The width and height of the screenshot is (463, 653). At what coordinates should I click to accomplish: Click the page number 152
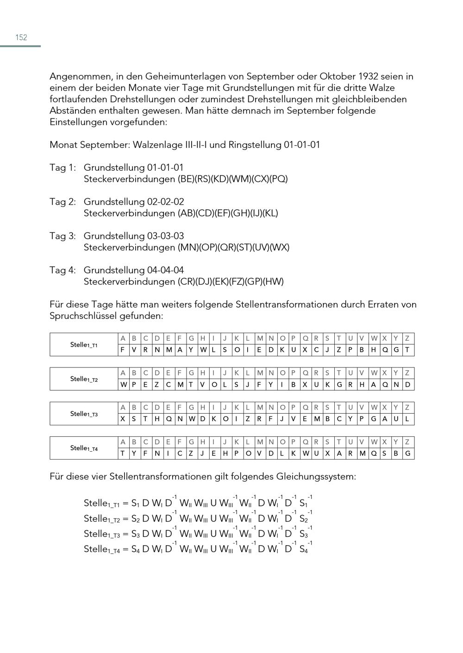pyautogui.click(x=21, y=37)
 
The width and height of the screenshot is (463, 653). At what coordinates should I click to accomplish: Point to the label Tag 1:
pyautogui.click(x=63, y=168)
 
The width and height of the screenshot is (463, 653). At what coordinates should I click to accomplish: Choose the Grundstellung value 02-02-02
pyautogui.click(x=165, y=202)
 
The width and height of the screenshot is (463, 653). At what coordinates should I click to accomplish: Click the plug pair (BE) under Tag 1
pyautogui.click(x=186, y=179)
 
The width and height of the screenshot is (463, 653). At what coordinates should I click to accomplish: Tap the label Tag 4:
pyautogui.click(x=63, y=270)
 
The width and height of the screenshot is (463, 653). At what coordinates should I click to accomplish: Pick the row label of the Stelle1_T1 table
pyautogui.click(x=84, y=345)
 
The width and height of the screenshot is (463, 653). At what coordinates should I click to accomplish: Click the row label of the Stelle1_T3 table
pyautogui.click(x=84, y=414)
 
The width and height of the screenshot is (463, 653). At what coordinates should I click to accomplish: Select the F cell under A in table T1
pyautogui.click(x=123, y=350)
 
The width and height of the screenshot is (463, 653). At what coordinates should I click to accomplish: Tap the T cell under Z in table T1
pyautogui.click(x=407, y=350)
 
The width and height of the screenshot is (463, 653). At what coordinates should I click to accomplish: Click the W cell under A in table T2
pyautogui.click(x=123, y=385)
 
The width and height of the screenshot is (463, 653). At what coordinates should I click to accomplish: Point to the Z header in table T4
pyautogui.click(x=407, y=442)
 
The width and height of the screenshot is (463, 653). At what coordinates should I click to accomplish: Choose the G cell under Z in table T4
pyautogui.click(x=407, y=454)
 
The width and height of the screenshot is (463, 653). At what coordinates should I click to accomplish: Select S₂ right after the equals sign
pyautogui.click(x=135, y=518)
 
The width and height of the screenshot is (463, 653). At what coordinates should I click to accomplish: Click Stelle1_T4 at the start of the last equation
pyautogui.click(x=101, y=549)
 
